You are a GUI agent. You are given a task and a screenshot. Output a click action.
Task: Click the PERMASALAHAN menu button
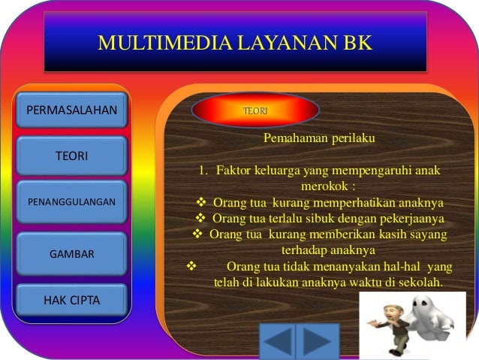coord(71,110)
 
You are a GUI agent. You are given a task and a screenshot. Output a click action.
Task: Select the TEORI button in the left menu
coord(71,156)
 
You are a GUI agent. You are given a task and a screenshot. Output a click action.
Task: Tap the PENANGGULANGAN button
coord(71,201)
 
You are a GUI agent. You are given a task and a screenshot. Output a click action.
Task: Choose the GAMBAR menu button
coord(71,254)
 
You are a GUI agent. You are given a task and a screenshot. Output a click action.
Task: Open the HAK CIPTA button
coord(71,301)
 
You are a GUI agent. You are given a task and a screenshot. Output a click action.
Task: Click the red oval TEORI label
coord(255,110)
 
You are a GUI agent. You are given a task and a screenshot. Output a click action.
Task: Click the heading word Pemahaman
coord(291,139)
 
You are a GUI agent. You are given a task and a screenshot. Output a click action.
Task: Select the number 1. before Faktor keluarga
coord(203,171)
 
